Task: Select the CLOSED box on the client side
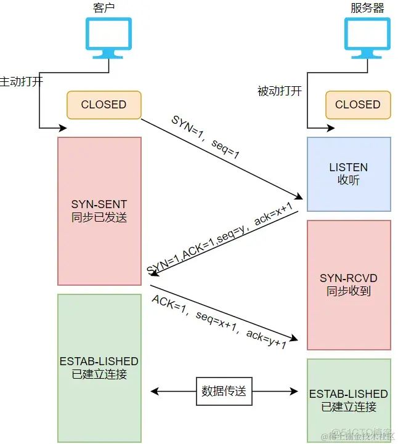(104, 105)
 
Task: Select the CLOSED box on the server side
(357, 105)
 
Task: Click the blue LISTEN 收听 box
(349, 174)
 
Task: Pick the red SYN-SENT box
(99, 211)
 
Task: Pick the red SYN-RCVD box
(349, 285)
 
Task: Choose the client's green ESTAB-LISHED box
(99, 367)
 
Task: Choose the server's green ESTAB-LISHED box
(349, 400)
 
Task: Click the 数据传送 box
(225, 391)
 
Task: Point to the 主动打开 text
(22, 81)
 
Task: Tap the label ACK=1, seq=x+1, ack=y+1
(219, 323)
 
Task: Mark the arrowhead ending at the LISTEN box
(300, 198)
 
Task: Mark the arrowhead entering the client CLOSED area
(63, 128)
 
